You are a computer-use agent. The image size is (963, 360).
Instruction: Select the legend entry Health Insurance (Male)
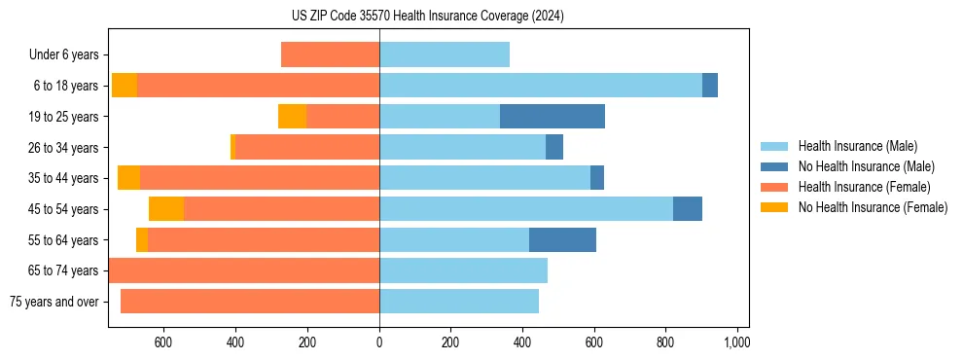(x=857, y=146)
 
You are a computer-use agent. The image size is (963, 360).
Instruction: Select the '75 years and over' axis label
(x=53, y=302)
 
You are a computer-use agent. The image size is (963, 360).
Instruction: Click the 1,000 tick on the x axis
(x=736, y=342)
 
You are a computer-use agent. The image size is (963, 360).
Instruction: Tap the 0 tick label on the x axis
(x=379, y=342)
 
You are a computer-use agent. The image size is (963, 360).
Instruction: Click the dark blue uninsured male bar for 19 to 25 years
(x=553, y=117)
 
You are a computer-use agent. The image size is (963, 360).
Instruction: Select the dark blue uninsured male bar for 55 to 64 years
(x=562, y=239)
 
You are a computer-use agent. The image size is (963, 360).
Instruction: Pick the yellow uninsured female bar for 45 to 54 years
(x=166, y=209)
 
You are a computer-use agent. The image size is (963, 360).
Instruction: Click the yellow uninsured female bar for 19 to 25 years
(x=292, y=117)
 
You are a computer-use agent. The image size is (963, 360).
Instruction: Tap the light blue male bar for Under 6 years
(x=445, y=54)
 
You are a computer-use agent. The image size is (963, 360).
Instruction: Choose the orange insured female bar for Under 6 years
(x=330, y=54)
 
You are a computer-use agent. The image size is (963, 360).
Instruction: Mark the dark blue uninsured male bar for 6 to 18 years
(x=710, y=86)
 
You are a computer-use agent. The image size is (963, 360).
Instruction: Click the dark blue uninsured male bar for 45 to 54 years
(x=688, y=209)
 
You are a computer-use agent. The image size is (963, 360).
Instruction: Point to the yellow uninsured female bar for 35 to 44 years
(x=128, y=178)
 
